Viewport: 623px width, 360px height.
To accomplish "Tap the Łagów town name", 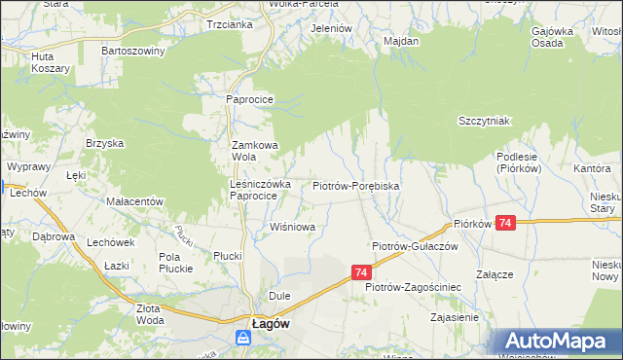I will [x=269, y=324].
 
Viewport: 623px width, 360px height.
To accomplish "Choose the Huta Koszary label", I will [x=50, y=62].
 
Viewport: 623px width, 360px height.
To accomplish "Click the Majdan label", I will [x=401, y=42].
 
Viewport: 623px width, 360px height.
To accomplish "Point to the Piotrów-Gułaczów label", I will [x=415, y=247].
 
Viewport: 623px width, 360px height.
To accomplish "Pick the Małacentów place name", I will [x=133, y=200].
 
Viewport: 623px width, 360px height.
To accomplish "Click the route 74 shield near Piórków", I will [x=504, y=224].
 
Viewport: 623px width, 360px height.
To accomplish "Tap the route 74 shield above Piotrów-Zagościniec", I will [x=361, y=273].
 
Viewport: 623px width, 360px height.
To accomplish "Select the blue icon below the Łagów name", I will [x=242, y=339].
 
